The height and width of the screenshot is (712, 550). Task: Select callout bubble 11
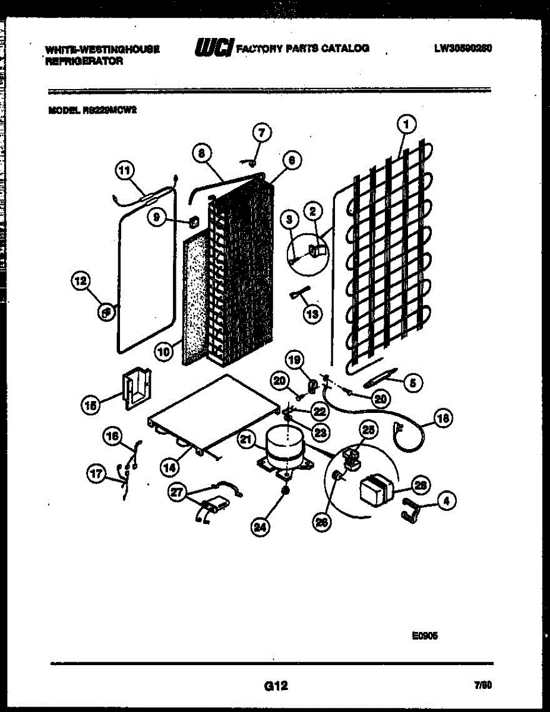[125, 171]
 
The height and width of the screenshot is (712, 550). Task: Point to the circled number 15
[91, 406]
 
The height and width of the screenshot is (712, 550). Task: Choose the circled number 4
[447, 501]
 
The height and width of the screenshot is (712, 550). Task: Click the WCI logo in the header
[211, 48]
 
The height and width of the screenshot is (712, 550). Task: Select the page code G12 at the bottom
[276, 686]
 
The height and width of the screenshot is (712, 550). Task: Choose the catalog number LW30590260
[463, 48]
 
